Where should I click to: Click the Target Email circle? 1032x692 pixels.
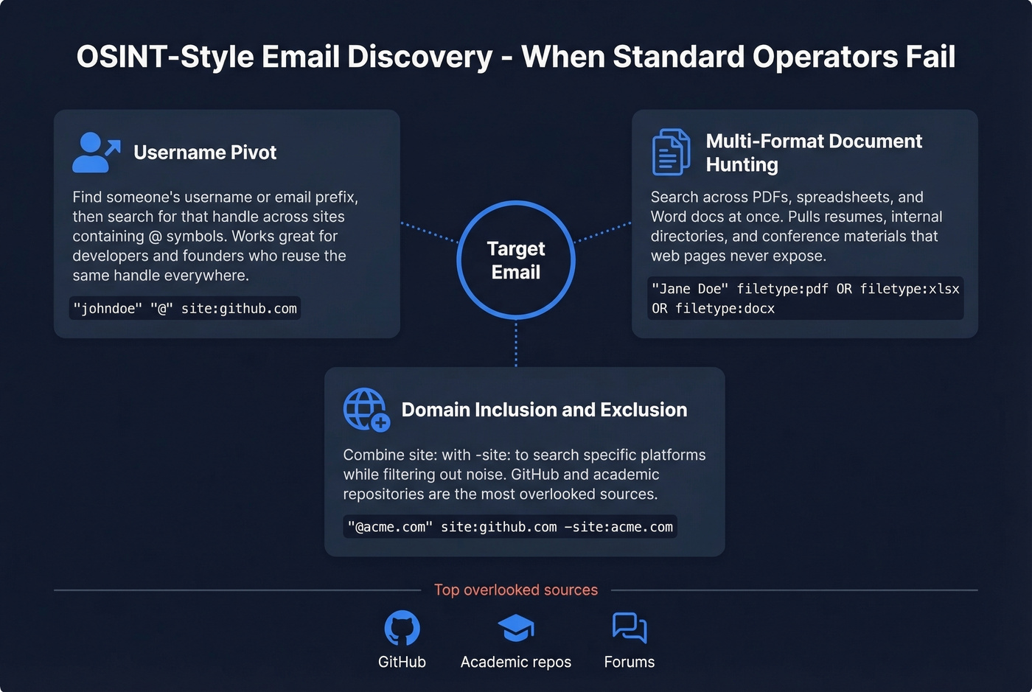pyautogui.click(x=516, y=260)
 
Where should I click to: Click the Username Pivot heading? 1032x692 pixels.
pyautogui.click(x=205, y=153)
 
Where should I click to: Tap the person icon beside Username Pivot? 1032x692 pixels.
pyautogui.click(x=95, y=153)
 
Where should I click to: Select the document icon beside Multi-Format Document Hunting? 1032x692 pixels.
pyautogui.click(x=671, y=153)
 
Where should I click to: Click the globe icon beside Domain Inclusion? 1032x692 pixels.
pyautogui.click(x=366, y=409)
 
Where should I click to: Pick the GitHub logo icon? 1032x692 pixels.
pyautogui.click(x=402, y=629)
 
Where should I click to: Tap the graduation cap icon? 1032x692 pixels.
pyautogui.click(x=516, y=629)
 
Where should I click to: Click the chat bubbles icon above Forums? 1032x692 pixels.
pyautogui.click(x=630, y=629)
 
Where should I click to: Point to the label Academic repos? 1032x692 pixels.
pyautogui.click(x=516, y=662)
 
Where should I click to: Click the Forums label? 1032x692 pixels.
pyautogui.click(x=630, y=662)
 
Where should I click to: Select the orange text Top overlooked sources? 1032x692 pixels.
pyautogui.click(x=516, y=590)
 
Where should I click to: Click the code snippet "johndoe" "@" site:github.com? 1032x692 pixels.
pyautogui.click(x=185, y=308)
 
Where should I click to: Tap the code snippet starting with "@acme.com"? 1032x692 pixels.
pyautogui.click(x=510, y=527)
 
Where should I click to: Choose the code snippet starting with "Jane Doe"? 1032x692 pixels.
pyautogui.click(x=805, y=298)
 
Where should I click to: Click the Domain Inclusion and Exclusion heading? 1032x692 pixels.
pyautogui.click(x=544, y=410)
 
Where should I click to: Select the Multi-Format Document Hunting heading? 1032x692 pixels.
pyautogui.click(x=814, y=153)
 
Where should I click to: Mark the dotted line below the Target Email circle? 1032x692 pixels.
pyautogui.click(x=516, y=343)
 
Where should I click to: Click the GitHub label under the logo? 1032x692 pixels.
pyautogui.click(x=402, y=662)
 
